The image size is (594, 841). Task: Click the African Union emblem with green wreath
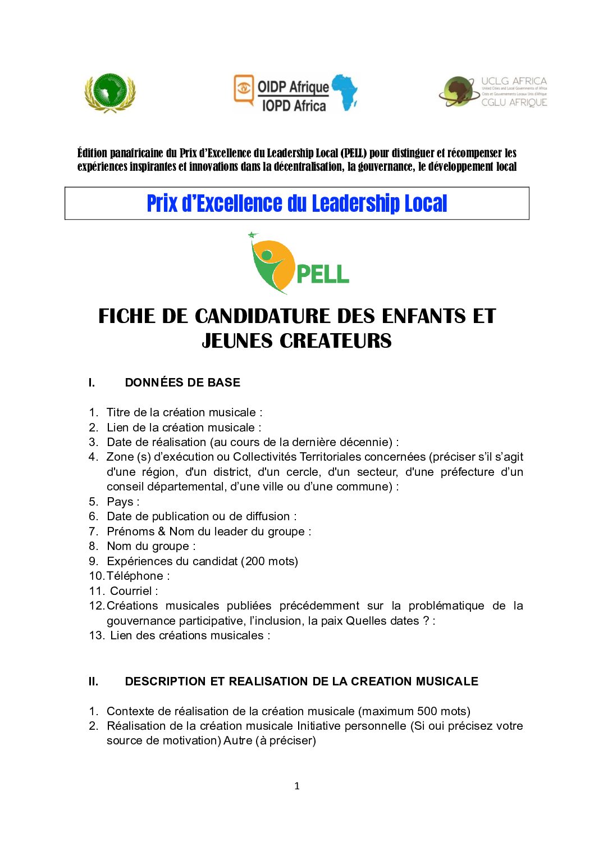click(x=110, y=93)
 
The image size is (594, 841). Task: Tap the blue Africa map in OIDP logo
click(x=345, y=92)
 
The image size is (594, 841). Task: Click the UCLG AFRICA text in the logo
click(x=514, y=81)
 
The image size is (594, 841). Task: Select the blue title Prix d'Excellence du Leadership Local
click(x=296, y=203)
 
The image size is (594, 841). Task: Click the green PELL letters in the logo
click(x=322, y=274)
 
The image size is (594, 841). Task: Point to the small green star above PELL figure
click(x=252, y=235)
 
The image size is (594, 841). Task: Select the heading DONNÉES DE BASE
click(x=182, y=383)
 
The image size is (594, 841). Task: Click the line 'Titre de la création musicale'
click(x=184, y=412)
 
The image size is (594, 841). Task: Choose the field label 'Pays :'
click(x=123, y=502)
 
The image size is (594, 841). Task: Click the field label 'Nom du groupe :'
click(x=151, y=546)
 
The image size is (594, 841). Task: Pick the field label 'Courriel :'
click(x=134, y=591)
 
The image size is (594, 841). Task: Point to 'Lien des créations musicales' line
click(x=190, y=635)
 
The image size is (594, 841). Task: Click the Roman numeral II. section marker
click(x=93, y=681)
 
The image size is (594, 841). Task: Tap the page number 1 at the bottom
click(x=297, y=786)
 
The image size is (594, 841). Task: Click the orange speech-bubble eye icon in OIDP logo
click(x=244, y=89)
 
